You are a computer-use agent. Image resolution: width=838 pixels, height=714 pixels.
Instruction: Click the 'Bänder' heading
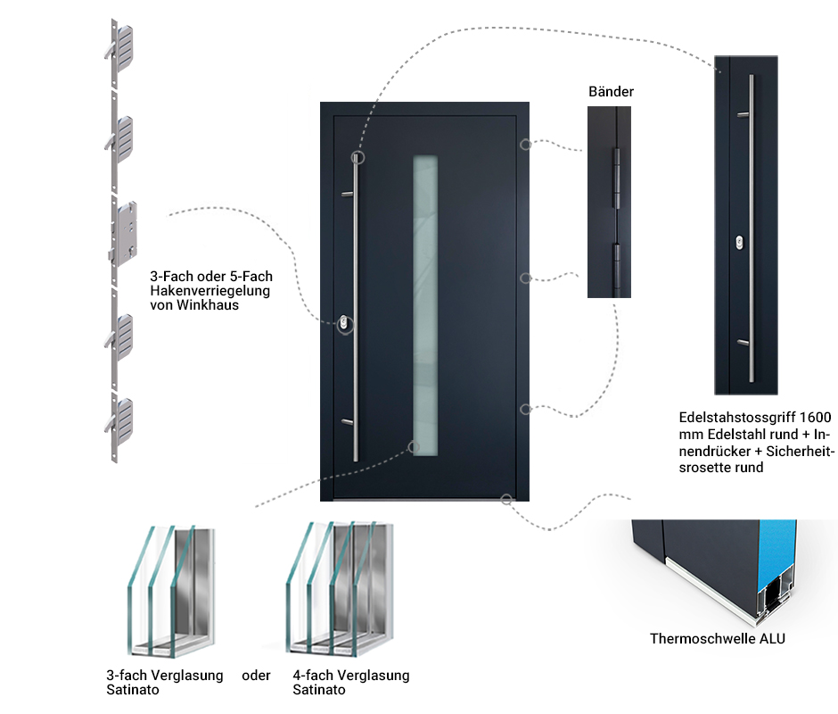(x=611, y=91)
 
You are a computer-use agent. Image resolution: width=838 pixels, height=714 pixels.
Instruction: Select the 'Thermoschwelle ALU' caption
(x=718, y=638)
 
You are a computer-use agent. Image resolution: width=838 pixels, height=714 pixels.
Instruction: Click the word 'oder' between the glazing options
(x=256, y=676)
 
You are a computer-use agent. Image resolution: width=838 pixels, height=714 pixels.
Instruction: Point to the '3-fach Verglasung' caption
(x=164, y=676)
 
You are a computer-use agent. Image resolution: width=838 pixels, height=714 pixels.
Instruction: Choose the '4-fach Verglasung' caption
(x=350, y=676)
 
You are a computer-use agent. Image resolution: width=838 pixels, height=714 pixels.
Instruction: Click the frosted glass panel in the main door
(x=425, y=304)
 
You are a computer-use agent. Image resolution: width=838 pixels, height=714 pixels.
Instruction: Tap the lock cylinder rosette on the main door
(x=344, y=325)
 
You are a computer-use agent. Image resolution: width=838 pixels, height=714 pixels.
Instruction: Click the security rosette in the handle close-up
(x=739, y=242)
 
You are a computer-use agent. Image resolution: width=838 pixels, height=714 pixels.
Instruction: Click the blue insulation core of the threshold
(x=775, y=562)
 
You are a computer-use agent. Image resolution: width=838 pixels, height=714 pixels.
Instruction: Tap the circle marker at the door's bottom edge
(x=506, y=499)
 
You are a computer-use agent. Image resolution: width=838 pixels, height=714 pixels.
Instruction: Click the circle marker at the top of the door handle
(x=357, y=157)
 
